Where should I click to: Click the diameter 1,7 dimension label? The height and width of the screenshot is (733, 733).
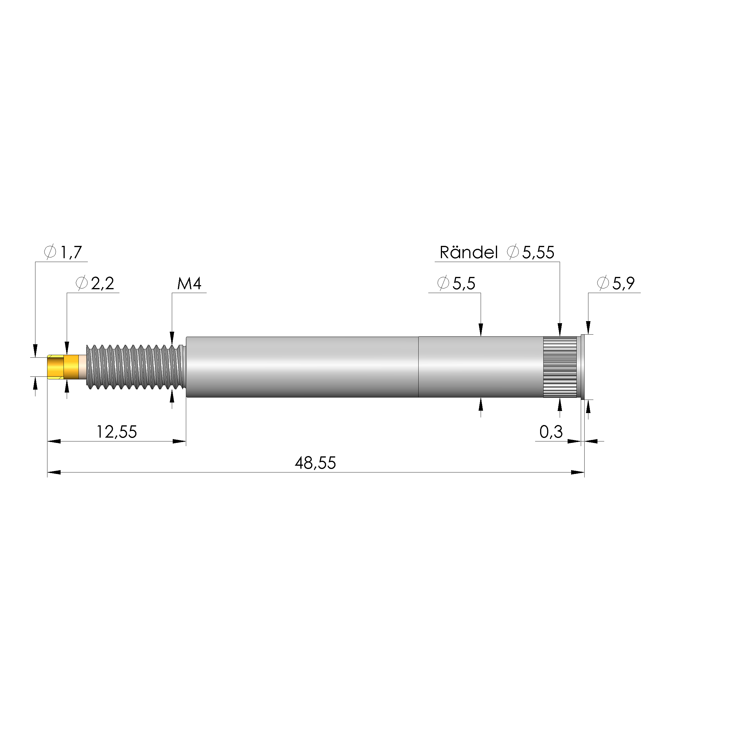tap(63, 252)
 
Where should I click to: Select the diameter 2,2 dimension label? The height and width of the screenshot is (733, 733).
tap(95, 283)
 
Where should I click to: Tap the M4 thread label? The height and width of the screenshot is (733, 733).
tap(189, 283)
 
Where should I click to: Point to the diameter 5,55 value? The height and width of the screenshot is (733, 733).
tap(531, 252)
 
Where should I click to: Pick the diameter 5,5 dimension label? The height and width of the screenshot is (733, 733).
tap(456, 283)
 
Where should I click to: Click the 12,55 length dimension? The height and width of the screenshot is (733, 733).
tap(117, 432)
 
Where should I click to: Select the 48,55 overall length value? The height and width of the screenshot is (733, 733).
tap(315, 463)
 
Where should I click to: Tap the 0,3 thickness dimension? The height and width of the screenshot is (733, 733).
tap(551, 432)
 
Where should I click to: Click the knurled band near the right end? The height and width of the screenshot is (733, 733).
tap(560, 367)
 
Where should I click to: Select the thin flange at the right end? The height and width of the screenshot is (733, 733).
tap(583, 367)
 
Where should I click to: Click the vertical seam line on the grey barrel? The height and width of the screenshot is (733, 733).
tap(419, 367)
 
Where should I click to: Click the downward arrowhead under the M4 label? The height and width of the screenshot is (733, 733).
tap(172, 338)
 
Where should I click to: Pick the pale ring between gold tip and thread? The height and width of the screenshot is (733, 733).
tap(82, 367)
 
